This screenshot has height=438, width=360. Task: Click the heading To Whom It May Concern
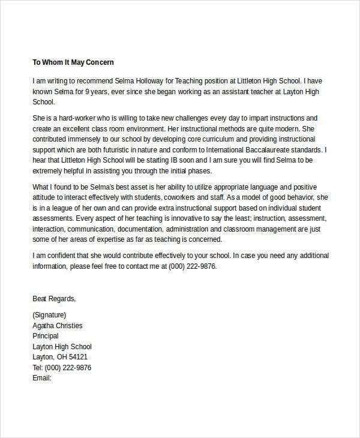(x=73, y=62)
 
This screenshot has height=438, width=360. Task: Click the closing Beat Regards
(x=54, y=299)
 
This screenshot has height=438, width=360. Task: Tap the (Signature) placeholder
(x=50, y=315)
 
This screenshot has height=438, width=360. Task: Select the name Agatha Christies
(x=58, y=326)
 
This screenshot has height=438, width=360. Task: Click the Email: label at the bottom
(x=42, y=379)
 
